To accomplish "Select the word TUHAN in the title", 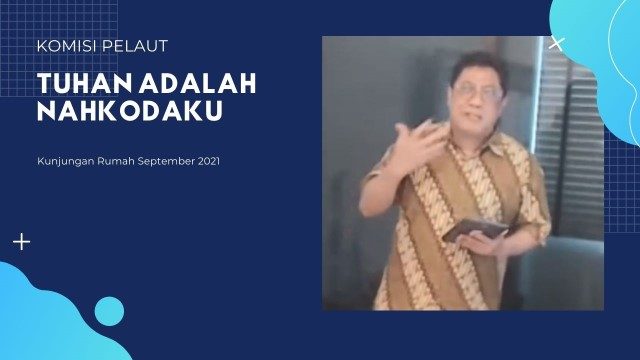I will [78, 84].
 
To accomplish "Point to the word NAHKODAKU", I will [129, 111].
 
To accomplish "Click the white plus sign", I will [21, 242].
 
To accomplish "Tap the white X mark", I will [557, 43].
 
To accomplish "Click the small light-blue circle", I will [109, 311].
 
